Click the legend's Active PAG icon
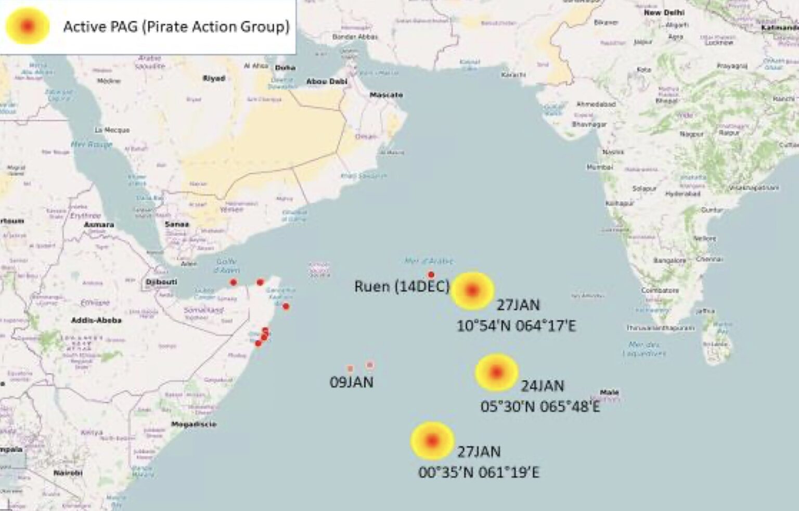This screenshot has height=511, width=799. pyautogui.click(x=28, y=25)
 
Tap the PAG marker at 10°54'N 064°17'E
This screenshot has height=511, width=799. pyautogui.click(x=472, y=290)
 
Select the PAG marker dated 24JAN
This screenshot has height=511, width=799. pyautogui.click(x=497, y=372)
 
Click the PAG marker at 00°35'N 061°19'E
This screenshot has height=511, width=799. pyautogui.click(x=432, y=441)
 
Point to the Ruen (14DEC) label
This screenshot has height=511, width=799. pyautogui.click(x=401, y=286)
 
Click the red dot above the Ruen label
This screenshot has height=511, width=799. pyautogui.click(x=431, y=274)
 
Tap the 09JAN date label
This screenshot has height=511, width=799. pyautogui.click(x=352, y=382)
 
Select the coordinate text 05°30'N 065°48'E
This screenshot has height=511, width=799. pyautogui.click(x=540, y=406)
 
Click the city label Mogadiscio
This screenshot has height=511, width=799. pyautogui.click(x=194, y=424)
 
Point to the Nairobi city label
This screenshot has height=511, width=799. pyautogui.click(x=68, y=473)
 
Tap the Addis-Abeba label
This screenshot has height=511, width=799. pyautogui.click(x=96, y=320)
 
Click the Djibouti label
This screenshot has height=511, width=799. pyautogui.click(x=161, y=282)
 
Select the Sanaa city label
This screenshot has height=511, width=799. pyautogui.click(x=177, y=224)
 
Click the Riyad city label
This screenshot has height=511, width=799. pyautogui.click(x=214, y=79)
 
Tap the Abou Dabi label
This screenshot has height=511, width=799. pyautogui.click(x=327, y=82)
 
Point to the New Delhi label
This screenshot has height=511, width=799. pyautogui.click(x=664, y=12)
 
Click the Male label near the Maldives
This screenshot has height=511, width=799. pyautogui.click(x=609, y=392)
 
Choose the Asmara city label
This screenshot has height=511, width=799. pyautogui.click(x=99, y=225)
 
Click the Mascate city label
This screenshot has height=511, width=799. pyautogui.click(x=386, y=95)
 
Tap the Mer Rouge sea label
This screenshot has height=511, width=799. pyautogui.click(x=92, y=144)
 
